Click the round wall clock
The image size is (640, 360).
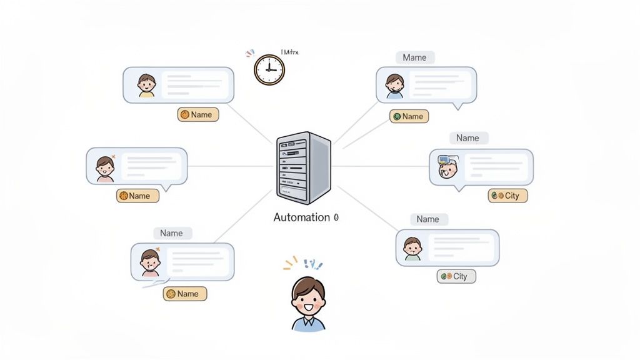tap(269, 69)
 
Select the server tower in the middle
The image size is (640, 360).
tap(303, 167)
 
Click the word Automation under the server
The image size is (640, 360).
tap(301, 217)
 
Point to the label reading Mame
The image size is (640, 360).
tap(414, 57)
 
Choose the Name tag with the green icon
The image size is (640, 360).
tap(407, 116)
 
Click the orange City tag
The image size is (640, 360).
tap(507, 196)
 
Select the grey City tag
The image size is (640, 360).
tap(456, 276)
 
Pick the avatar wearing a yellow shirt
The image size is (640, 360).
tap(146, 85)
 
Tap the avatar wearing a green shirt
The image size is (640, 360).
tap(412, 248)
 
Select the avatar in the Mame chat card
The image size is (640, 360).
tap(394, 86)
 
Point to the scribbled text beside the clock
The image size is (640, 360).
tap(289, 52)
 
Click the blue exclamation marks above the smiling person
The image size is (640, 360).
tap(313, 264)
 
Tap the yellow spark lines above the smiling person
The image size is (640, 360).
tap(290, 263)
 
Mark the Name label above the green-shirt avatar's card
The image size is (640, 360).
tap(427, 219)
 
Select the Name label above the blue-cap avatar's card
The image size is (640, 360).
tap(467, 138)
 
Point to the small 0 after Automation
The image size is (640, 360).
tap(336, 217)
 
